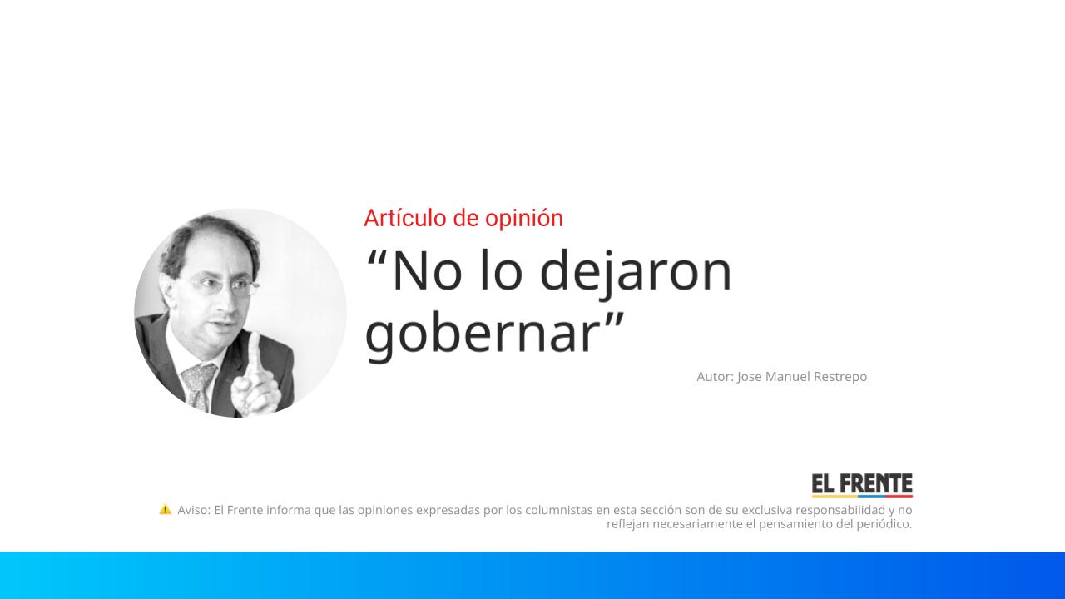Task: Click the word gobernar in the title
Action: click(482, 333)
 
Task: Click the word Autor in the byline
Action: click(714, 377)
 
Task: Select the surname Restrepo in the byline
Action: click(836, 377)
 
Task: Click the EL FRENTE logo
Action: click(862, 485)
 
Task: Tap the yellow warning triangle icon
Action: click(165, 509)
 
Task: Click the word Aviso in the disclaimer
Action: click(193, 510)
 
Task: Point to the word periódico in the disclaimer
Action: click(884, 524)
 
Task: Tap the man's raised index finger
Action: click(255, 354)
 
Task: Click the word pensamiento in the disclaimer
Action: click(796, 524)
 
